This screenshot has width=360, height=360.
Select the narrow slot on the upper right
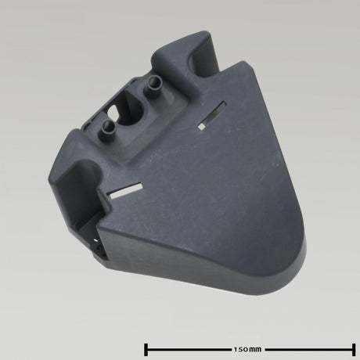[212, 113]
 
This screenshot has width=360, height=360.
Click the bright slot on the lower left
[124, 190]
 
